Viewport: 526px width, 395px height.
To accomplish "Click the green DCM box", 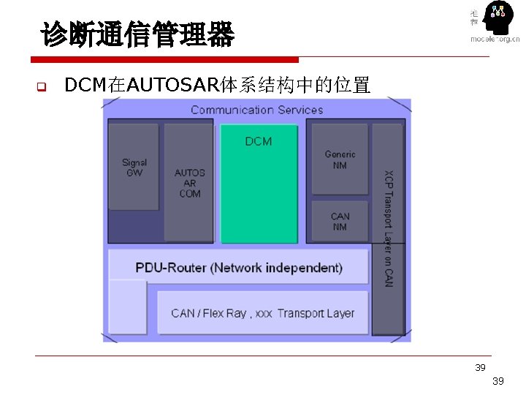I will (259, 183).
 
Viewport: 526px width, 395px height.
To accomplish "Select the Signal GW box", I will (134, 167).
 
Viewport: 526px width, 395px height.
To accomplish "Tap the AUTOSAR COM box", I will (189, 183).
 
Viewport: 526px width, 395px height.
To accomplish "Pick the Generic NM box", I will (340, 159).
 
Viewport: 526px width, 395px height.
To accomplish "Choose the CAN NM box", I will (340, 221).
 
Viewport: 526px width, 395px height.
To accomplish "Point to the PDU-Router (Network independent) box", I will (239, 267).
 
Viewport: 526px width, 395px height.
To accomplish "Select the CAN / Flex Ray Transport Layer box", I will (262, 313).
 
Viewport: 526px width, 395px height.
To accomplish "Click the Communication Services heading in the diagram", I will (256, 110).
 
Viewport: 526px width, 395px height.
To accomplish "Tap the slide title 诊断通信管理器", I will (137, 34).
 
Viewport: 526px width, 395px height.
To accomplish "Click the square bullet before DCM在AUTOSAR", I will (42, 88).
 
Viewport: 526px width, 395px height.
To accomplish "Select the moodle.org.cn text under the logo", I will (495, 39).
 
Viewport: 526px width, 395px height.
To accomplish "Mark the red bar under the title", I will (165, 59).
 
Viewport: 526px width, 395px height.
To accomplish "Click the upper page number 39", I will (480, 367).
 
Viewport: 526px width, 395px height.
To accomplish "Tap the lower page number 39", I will (498, 381).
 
